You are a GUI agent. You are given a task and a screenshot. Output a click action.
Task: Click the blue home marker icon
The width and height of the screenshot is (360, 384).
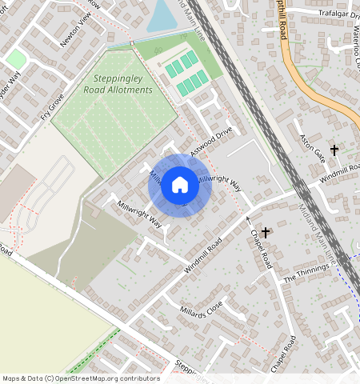click(180, 186)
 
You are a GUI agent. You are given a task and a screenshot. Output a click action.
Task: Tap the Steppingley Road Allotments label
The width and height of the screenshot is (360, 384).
click(118, 85)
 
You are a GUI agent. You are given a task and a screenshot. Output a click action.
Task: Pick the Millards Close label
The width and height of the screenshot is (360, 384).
click(201, 310)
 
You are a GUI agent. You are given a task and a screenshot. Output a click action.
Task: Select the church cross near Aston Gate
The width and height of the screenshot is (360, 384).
click(334, 150)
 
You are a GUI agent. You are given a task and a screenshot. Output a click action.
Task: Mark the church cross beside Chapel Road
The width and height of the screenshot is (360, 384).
click(265, 231)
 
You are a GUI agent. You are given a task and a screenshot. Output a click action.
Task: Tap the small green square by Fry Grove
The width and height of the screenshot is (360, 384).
click(16, 58)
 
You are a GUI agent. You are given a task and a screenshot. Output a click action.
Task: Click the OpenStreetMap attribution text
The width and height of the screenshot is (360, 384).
click(81, 378)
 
